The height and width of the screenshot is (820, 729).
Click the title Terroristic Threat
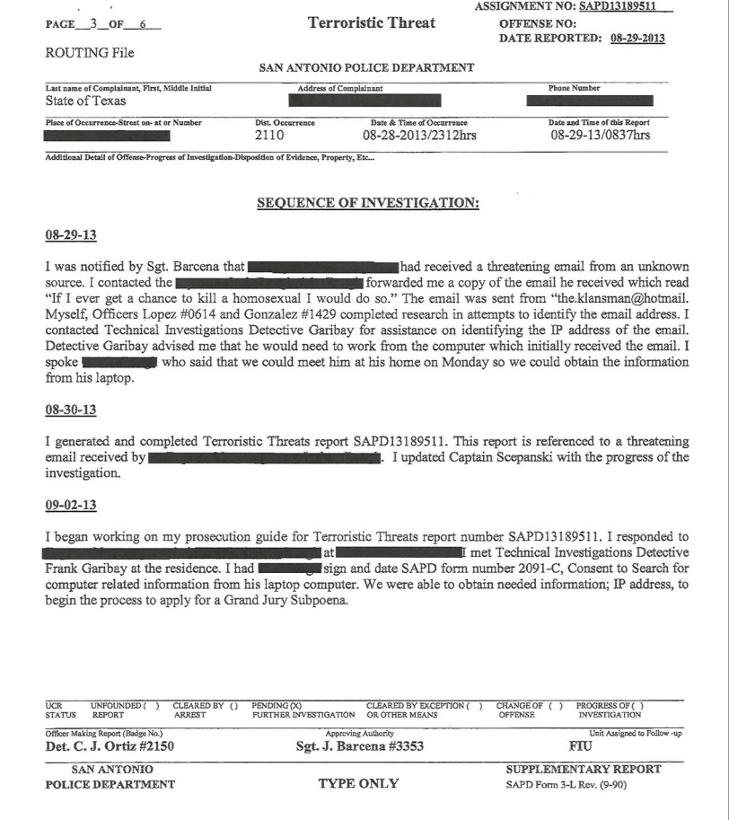click(371, 23)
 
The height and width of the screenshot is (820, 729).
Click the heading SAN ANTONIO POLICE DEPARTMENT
click(366, 68)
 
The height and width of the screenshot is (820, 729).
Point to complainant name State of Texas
click(86, 101)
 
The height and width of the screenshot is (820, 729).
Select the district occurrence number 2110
click(269, 136)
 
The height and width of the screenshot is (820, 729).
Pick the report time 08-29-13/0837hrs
click(601, 136)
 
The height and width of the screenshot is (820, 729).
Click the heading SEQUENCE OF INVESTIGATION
click(368, 204)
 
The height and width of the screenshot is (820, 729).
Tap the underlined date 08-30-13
click(71, 410)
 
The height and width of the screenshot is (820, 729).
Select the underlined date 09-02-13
click(71, 506)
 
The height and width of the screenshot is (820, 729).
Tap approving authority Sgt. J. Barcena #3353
click(360, 745)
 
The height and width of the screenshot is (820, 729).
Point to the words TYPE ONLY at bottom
click(359, 783)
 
